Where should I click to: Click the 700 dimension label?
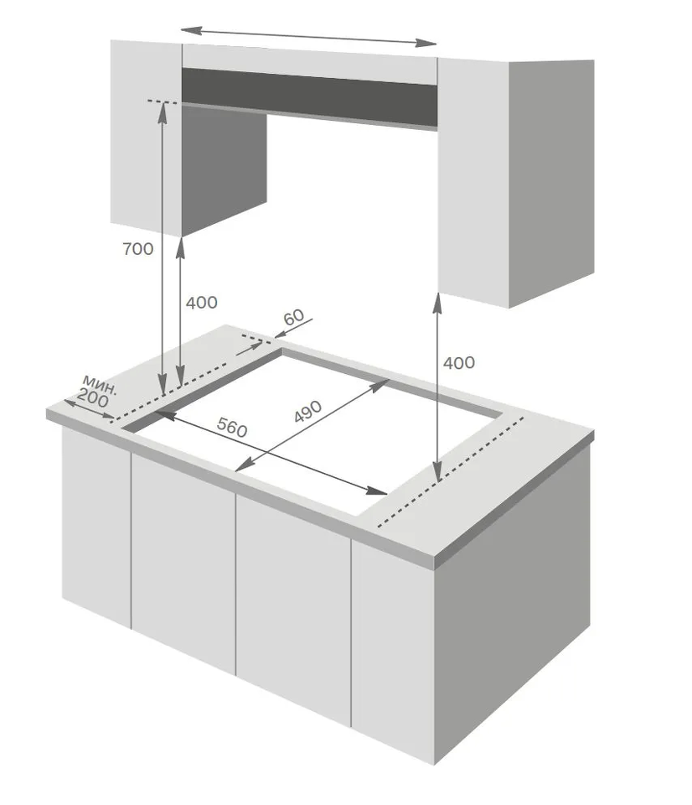click(x=138, y=249)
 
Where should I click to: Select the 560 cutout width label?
click(x=232, y=427)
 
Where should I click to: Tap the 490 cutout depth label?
click(x=307, y=411)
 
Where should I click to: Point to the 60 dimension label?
click(x=294, y=317)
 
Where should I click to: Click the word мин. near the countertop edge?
click(x=100, y=385)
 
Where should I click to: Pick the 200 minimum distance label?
click(x=93, y=399)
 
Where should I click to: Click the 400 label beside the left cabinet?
click(x=202, y=303)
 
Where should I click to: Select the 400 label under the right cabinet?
click(x=459, y=363)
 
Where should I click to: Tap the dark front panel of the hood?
click(x=309, y=97)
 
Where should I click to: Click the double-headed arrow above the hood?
click(x=309, y=37)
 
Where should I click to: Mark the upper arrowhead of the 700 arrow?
click(x=163, y=109)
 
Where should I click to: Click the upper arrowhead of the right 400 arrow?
click(x=437, y=302)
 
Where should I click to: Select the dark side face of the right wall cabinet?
click(x=551, y=184)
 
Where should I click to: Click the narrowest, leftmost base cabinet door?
click(x=96, y=527)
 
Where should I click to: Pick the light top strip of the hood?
click(x=309, y=64)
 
